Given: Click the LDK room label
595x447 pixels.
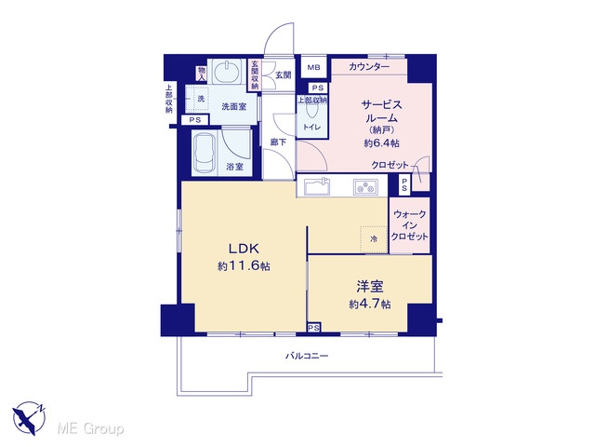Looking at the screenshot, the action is (x=244, y=249).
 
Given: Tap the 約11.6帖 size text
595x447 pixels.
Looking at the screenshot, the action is (x=244, y=266).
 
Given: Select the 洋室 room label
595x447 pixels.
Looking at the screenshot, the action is (x=370, y=287).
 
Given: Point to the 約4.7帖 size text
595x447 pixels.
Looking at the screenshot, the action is (x=370, y=305).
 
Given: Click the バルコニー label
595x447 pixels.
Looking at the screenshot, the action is (x=307, y=356).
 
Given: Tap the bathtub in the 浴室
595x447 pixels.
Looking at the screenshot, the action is (x=205, y=153).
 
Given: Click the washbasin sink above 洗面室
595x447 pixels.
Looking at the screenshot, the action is (x=227, y=71).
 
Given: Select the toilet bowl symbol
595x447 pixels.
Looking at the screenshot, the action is (x=312, y=110).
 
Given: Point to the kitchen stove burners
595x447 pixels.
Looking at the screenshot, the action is (x=365, y=187).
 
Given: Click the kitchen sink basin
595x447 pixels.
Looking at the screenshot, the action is (x=316, y=187).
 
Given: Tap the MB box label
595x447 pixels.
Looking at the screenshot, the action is (x=314, y=68).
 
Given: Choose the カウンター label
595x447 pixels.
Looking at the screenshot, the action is (x=369, y=67).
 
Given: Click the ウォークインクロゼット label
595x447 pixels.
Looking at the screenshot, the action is (x=409, y=225).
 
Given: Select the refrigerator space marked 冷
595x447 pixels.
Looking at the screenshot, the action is (x=374, y=239).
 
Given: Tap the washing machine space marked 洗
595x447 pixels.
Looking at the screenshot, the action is (x=200, y=99).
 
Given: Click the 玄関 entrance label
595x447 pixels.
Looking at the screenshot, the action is (x=283, y=74).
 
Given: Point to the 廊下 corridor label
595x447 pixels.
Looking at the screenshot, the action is (x=278, y=142).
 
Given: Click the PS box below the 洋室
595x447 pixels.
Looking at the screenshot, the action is (x=314, y=328).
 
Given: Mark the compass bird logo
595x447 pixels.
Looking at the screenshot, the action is (x=29, y=417).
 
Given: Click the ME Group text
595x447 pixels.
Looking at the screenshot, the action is (x=90, y=428).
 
